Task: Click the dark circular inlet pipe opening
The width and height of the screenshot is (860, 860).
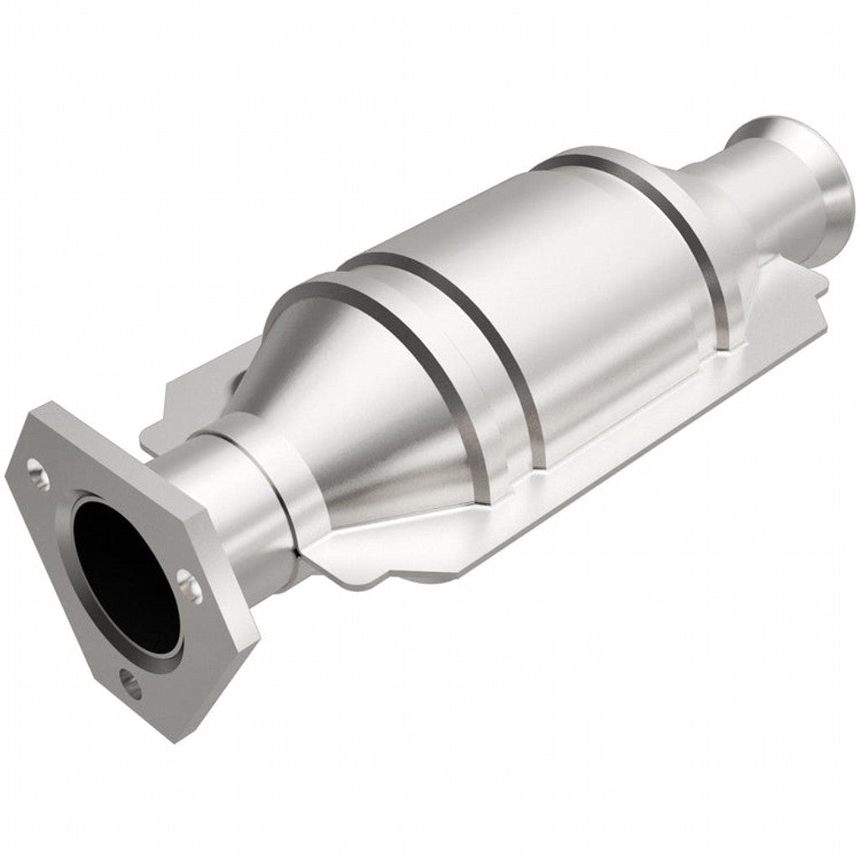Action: [126, 571]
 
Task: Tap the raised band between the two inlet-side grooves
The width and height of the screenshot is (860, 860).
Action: [470, 353]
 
